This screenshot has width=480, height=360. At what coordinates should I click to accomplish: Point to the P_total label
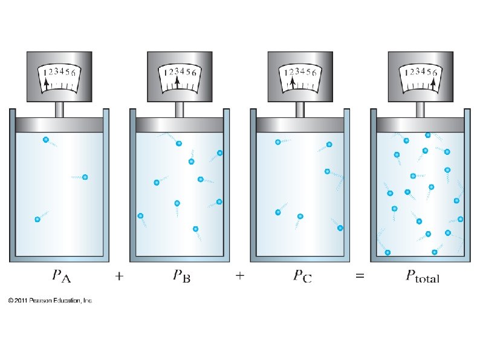pyautogui.click(x=421, y=277)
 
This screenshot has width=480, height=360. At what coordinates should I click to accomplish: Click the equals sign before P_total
pyautogui.click(x=360, y=277)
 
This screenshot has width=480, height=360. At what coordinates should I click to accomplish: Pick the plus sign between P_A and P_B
pyautogui.click(x=120, y=277)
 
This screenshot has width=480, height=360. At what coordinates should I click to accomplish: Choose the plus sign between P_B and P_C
pyautogui.click(x=240, y=277)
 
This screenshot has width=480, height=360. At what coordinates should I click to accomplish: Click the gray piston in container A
pyautogui.click(x=59, y=124)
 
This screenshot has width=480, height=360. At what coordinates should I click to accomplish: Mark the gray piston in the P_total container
pyautogui.click(x=421, y=124)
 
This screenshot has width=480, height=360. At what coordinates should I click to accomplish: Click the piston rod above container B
pyautogui.click(x=180, y=110)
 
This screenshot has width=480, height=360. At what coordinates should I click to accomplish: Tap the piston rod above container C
pyautogui.click(x=300, y=110)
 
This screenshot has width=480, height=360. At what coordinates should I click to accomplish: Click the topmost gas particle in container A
pyautogui.click(x=45, y=140)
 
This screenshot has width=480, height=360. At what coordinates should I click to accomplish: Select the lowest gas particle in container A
pyautogui.click(x=37, y=219)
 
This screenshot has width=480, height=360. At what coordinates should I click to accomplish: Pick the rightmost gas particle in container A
pyautogui.click(x=85, y=177)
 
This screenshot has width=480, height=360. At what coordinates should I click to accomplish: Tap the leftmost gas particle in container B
pyautogui.click(x=141, y=215)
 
